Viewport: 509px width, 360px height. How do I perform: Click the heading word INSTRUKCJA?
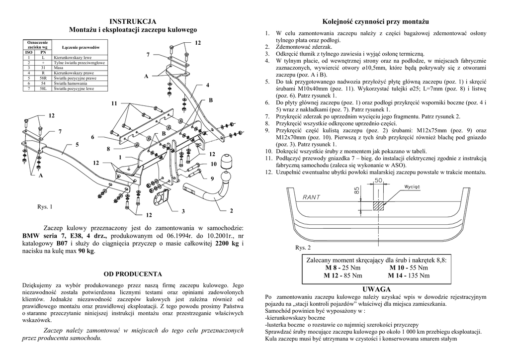133,21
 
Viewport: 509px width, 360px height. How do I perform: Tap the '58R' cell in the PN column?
43,78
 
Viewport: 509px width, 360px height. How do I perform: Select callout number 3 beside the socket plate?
183,211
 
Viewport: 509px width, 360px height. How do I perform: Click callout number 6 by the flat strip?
92,137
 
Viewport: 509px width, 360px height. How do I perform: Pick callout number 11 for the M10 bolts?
114,103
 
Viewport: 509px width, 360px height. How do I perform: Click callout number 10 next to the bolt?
214,164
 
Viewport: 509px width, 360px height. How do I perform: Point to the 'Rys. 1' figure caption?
45,206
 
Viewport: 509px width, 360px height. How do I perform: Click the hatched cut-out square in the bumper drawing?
379,204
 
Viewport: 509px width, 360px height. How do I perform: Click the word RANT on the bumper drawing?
312,196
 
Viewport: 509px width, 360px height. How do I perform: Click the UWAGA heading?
377,289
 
